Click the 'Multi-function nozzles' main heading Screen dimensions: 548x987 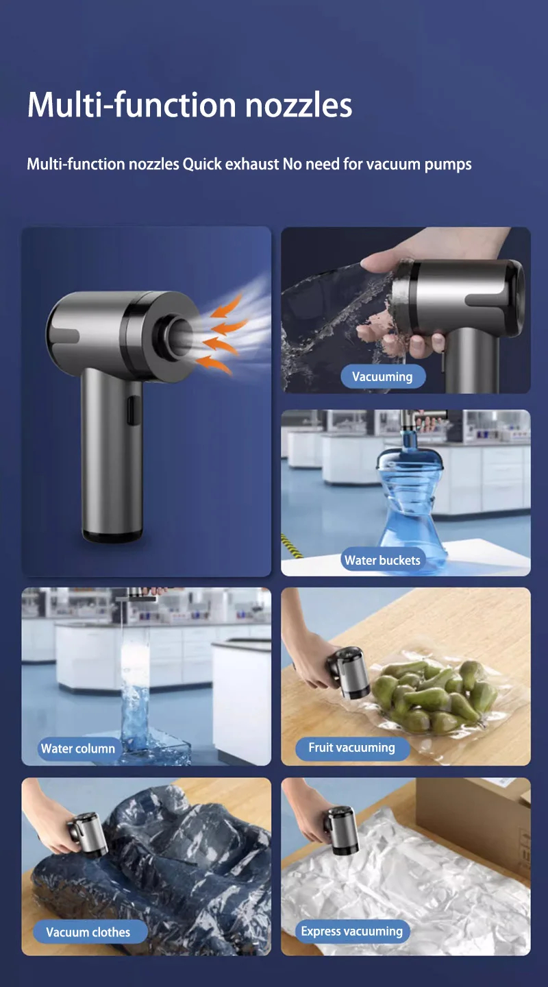point(190,105)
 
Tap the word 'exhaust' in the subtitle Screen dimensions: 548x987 point(252,164)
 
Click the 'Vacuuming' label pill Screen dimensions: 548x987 point(382,377)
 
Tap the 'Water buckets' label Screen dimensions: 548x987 point(382,560)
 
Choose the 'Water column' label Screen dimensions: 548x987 point(78,748)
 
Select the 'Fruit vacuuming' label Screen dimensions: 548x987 point(351,748)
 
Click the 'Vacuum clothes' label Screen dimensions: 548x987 point(88,932)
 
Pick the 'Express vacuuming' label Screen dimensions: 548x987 point(351,931)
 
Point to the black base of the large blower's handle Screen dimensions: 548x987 point(112,536)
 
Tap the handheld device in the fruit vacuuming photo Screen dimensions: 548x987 point(349,672)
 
